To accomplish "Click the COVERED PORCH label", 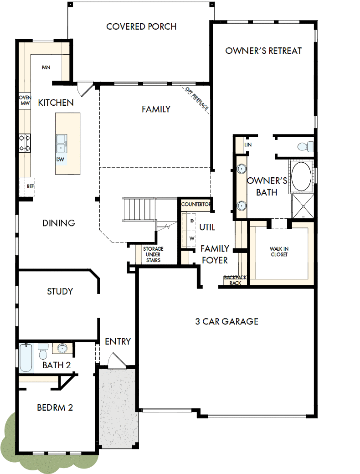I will pyautogui.click(x=141, y=26).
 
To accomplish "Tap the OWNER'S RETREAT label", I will pyautogui.click(x=263, y=51).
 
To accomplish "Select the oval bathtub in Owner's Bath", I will pyautogui.click(x=301, y=176).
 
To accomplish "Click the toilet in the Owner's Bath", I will pyautogui.click(x=304, y=146).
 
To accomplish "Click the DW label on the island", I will pyautogui.click(x=60, y=160).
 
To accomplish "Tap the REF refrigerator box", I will pyautogui.click(x=30, y=186).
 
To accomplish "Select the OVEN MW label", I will pyautogui.click(x=24, y=100).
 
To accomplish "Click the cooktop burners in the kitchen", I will pyautogui.click(x=25, y=142).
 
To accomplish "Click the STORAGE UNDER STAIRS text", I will pyautogui.click(x=153, y=255).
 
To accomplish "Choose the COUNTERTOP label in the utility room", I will pyautogui.click(x=196, y=205).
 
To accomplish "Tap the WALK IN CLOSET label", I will pyautogui.click(x=278, y=252).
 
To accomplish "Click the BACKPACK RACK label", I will pyautogui.click(x=235, y=280).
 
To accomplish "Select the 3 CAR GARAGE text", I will pyautogui.click(x=226, y=321).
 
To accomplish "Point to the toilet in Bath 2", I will pyautogui.click(x=43, y=352).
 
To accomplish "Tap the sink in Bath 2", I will pyautogui.click(x=63, y=349).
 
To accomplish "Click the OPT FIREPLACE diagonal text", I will pyautogui.click(x=197, y=99).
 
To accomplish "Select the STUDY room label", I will pyautogui.click(x=60, y=291).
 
